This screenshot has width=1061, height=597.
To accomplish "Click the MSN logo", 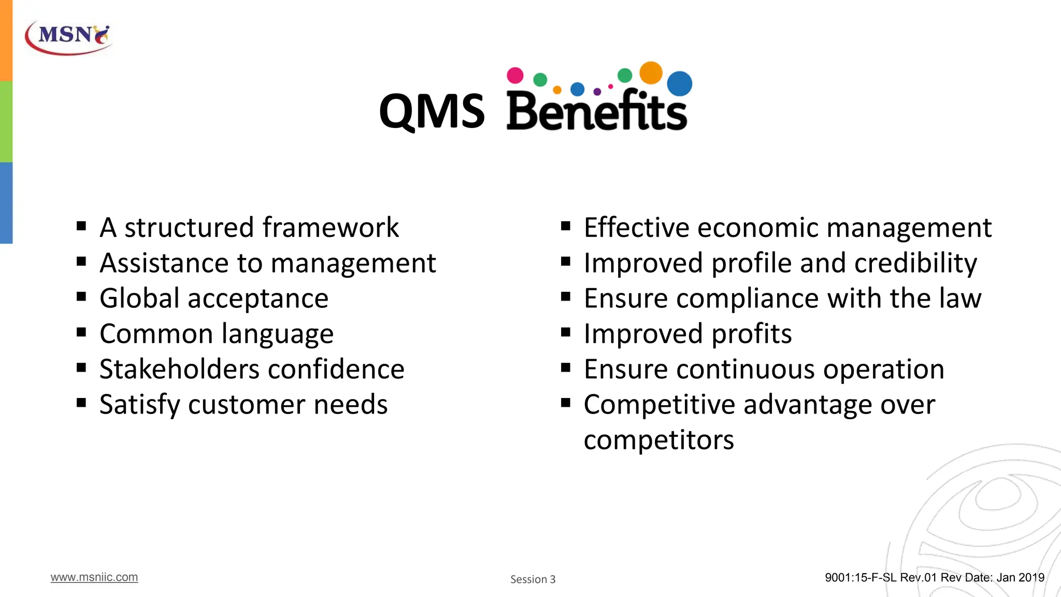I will (x=68, y=37).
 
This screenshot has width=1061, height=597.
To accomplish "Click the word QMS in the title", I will (x=432, y=111).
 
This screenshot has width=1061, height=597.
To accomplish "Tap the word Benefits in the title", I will (x=597, y=111).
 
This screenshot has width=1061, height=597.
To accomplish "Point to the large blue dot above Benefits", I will (x=679, y=83).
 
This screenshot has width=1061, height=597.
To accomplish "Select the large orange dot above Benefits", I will (x=651, y=73).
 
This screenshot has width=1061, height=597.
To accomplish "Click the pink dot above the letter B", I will (x=515, y=75).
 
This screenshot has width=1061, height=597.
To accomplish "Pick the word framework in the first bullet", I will (x=331, y=228).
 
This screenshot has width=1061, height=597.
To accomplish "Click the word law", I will (x=962, y=298).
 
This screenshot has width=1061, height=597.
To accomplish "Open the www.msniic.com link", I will (x=94, y=577).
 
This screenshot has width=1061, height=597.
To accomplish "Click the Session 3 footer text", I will (x=533, y=579).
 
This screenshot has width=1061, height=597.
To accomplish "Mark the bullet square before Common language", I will (x=81, y=332).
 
